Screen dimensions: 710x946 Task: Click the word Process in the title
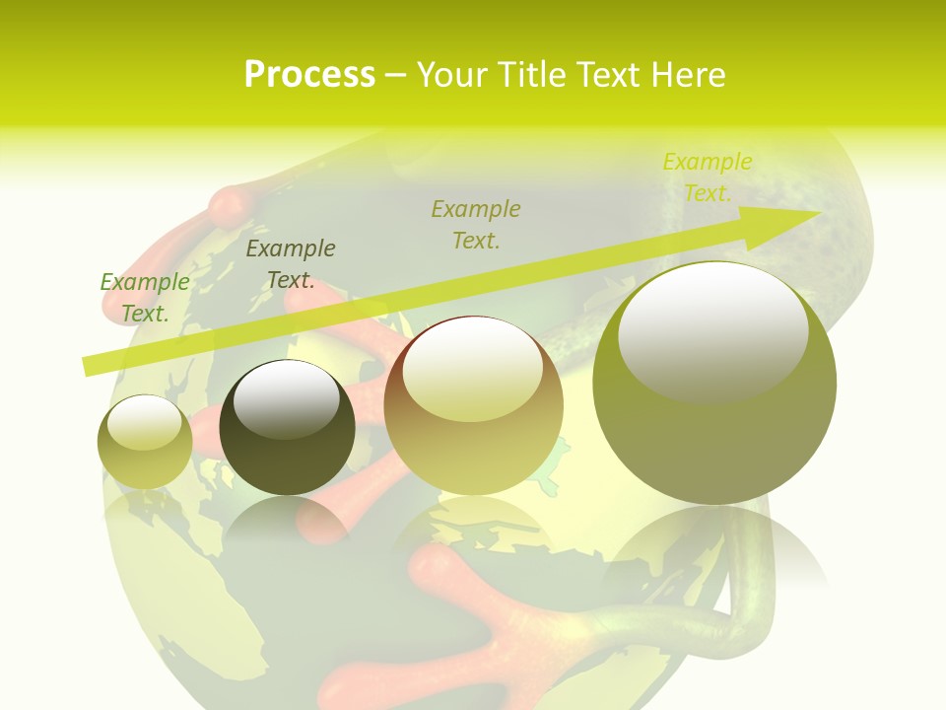pyautogui.click(x=309, y=75)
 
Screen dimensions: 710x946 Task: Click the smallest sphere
pyautogui.click(x=145, y=443)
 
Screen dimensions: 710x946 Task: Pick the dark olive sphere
pyautogui.click(x=287, y=428)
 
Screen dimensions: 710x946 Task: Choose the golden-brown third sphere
pyautogui.click(x=474, y=406)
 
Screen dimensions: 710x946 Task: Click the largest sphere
pyautogui.click(x=714, y=384)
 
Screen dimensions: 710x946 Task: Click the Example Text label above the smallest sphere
pyautogui.click(x=145, y=298)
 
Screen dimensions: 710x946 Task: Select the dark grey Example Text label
pyautogui.click(x=291, y=264)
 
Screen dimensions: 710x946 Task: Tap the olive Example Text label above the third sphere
pyautogui.click(x=476, y=224)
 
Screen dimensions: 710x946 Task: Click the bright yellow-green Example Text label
pyautogui.click(x=708, y=177)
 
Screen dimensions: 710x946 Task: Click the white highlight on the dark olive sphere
pyautogui.click(x=287, y=400)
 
